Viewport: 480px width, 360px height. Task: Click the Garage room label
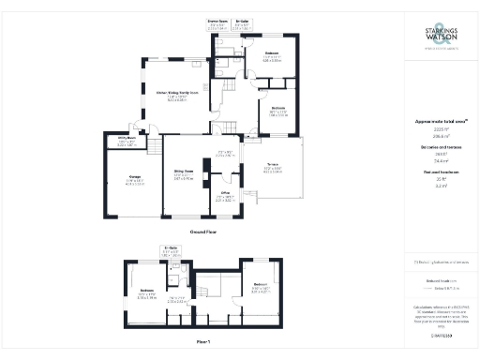click(x=121, y=181)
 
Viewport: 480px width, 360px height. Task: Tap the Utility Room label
click(x=127, y=141)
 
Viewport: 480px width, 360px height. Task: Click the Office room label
click(x=225, y=195)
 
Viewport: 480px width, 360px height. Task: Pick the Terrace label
click(x=271, y=168)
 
